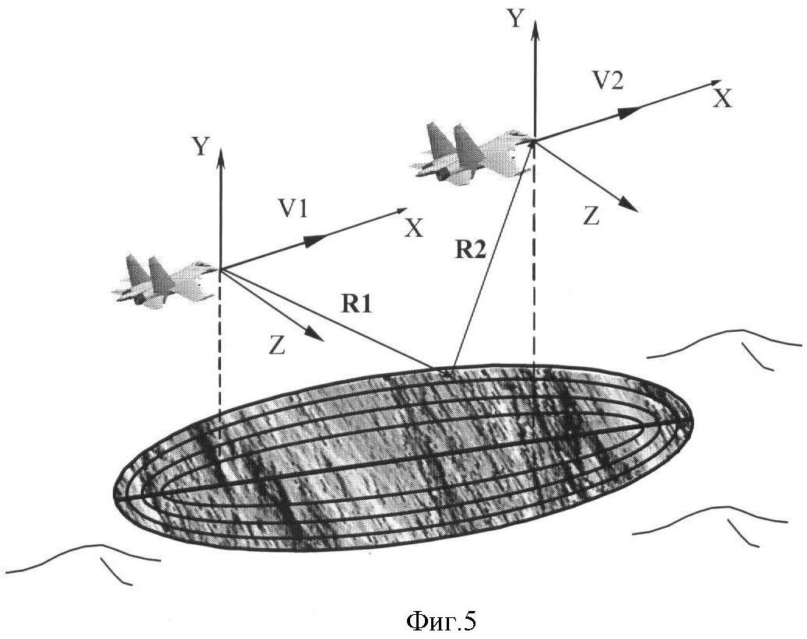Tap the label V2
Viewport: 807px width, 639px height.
[607, 81]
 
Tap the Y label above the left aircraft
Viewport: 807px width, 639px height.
[201, 146]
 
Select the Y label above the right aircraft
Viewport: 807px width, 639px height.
[515, 19]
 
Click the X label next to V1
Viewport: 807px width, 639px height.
[415, 227]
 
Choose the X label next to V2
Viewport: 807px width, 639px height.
[724, 98]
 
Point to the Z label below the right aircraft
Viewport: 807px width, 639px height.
[591, 217]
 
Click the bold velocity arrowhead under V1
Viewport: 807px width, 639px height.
[313, 240]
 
